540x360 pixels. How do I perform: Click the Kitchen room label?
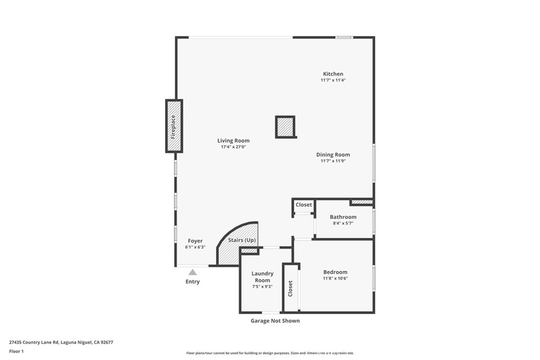pos(333,74)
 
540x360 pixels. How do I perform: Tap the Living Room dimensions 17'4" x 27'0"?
pos(233,147)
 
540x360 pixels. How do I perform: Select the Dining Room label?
pos(333,154)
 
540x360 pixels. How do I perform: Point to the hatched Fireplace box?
pos(173,126)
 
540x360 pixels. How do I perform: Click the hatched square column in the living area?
pos(285,127)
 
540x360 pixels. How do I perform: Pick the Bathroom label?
pos(343,217)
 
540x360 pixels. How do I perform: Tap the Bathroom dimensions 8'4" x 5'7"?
pos(343,223)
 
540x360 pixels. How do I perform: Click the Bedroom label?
pos(335,272)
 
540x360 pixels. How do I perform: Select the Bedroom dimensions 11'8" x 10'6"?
pos(335,278)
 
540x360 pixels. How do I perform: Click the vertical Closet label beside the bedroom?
pos(290,288)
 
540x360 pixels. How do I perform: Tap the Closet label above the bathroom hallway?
pos(304,205)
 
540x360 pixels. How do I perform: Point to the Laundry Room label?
pos(262,277)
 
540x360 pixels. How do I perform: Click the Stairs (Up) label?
pos(242,240)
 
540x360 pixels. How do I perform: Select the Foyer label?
pos(195,241)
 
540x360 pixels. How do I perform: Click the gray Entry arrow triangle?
pos(192,272)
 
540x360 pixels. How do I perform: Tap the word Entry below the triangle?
pos(192,281)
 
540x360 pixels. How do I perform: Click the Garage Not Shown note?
pos(275,320)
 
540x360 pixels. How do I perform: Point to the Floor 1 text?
pos(16,351)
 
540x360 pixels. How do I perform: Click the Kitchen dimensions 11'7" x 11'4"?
pos(333,80)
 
